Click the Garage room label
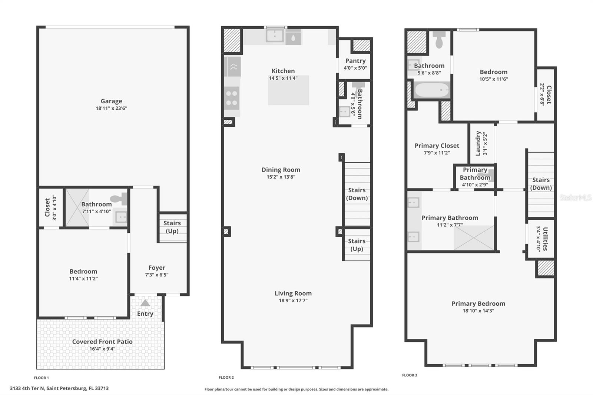pyautogui.click(x=111, y=101)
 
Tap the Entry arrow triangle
pyautogui.click(x=145, y=303)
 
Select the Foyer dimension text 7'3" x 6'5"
pyautogui.click(x=156, y=275)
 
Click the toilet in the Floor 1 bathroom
pyautogui.click(x=120, y=199)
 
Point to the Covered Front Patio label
pyautogui.click(x=102, y=342)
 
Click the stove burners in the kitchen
pyautogui.click(x=232, y=98)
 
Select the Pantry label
pyautogui.click(x=355, y=61)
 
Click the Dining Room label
pyautogui.click(x=281, y=170)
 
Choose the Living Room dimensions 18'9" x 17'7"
pyautogui.click(x=293, y=301)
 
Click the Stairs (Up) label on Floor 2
pyautogui.click(x=357, y=245)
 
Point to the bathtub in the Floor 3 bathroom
pyautogui.click(x=431, y=90)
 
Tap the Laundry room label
pyautogui.click(x=478, y=143)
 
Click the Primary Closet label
pyautogui.click(x=437, y=146)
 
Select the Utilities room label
pyautogui.click(x=545, y=239)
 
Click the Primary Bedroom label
pyautogui.click(x=478, y=303)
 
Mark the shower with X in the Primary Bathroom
pyautogui.click(x=474, y=238)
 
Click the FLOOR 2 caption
pyautogui.click(x=226, y=378)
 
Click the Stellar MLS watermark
pyautogui.click(x=575, y=197)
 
